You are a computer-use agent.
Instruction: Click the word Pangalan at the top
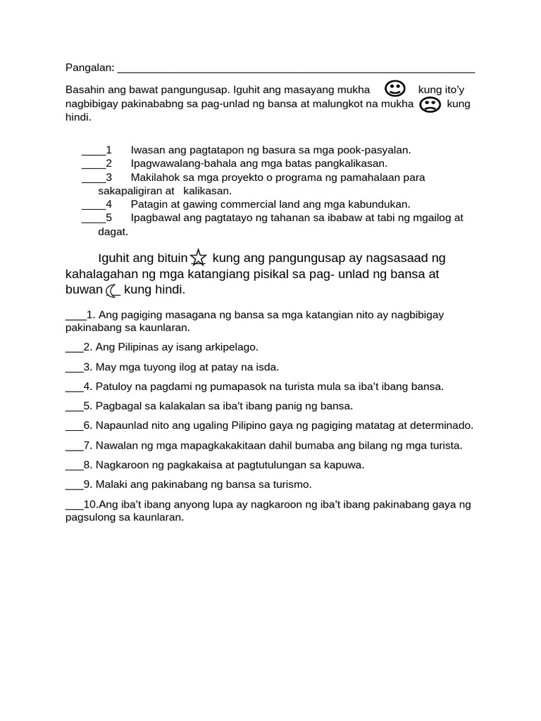tap(89, 68)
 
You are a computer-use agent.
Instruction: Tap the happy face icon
tap(395, 89)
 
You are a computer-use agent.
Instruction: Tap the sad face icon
tap(430, 105)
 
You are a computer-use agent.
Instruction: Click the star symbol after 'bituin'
tap(199, 258)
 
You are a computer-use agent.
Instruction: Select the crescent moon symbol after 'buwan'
tap(113, 290)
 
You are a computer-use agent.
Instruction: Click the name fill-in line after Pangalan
tap(296, 70)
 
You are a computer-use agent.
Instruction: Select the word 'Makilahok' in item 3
tap(154, 177)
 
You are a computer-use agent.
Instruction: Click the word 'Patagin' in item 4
tap(148, 204)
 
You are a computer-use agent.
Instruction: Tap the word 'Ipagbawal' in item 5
tap(154, 218)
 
